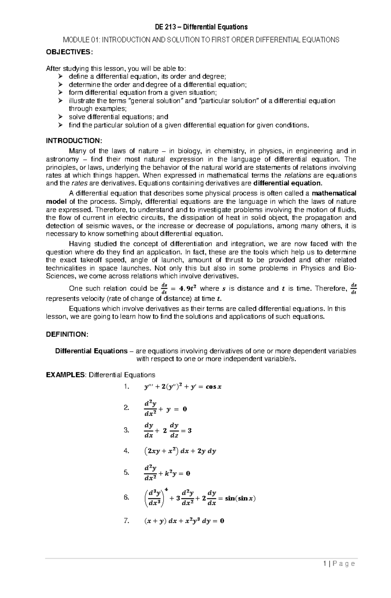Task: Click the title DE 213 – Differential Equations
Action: click(x=201, y=27)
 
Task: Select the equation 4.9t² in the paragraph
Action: click(x=183, y=288)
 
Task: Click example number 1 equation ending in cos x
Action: click(x=182, y=387)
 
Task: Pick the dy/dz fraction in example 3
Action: click(x=174, y=430)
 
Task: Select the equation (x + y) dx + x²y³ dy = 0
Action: click(x=184, y=520)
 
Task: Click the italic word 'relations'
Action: click(x=298, y=175)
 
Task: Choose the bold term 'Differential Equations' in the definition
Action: click(x=91, y=351)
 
